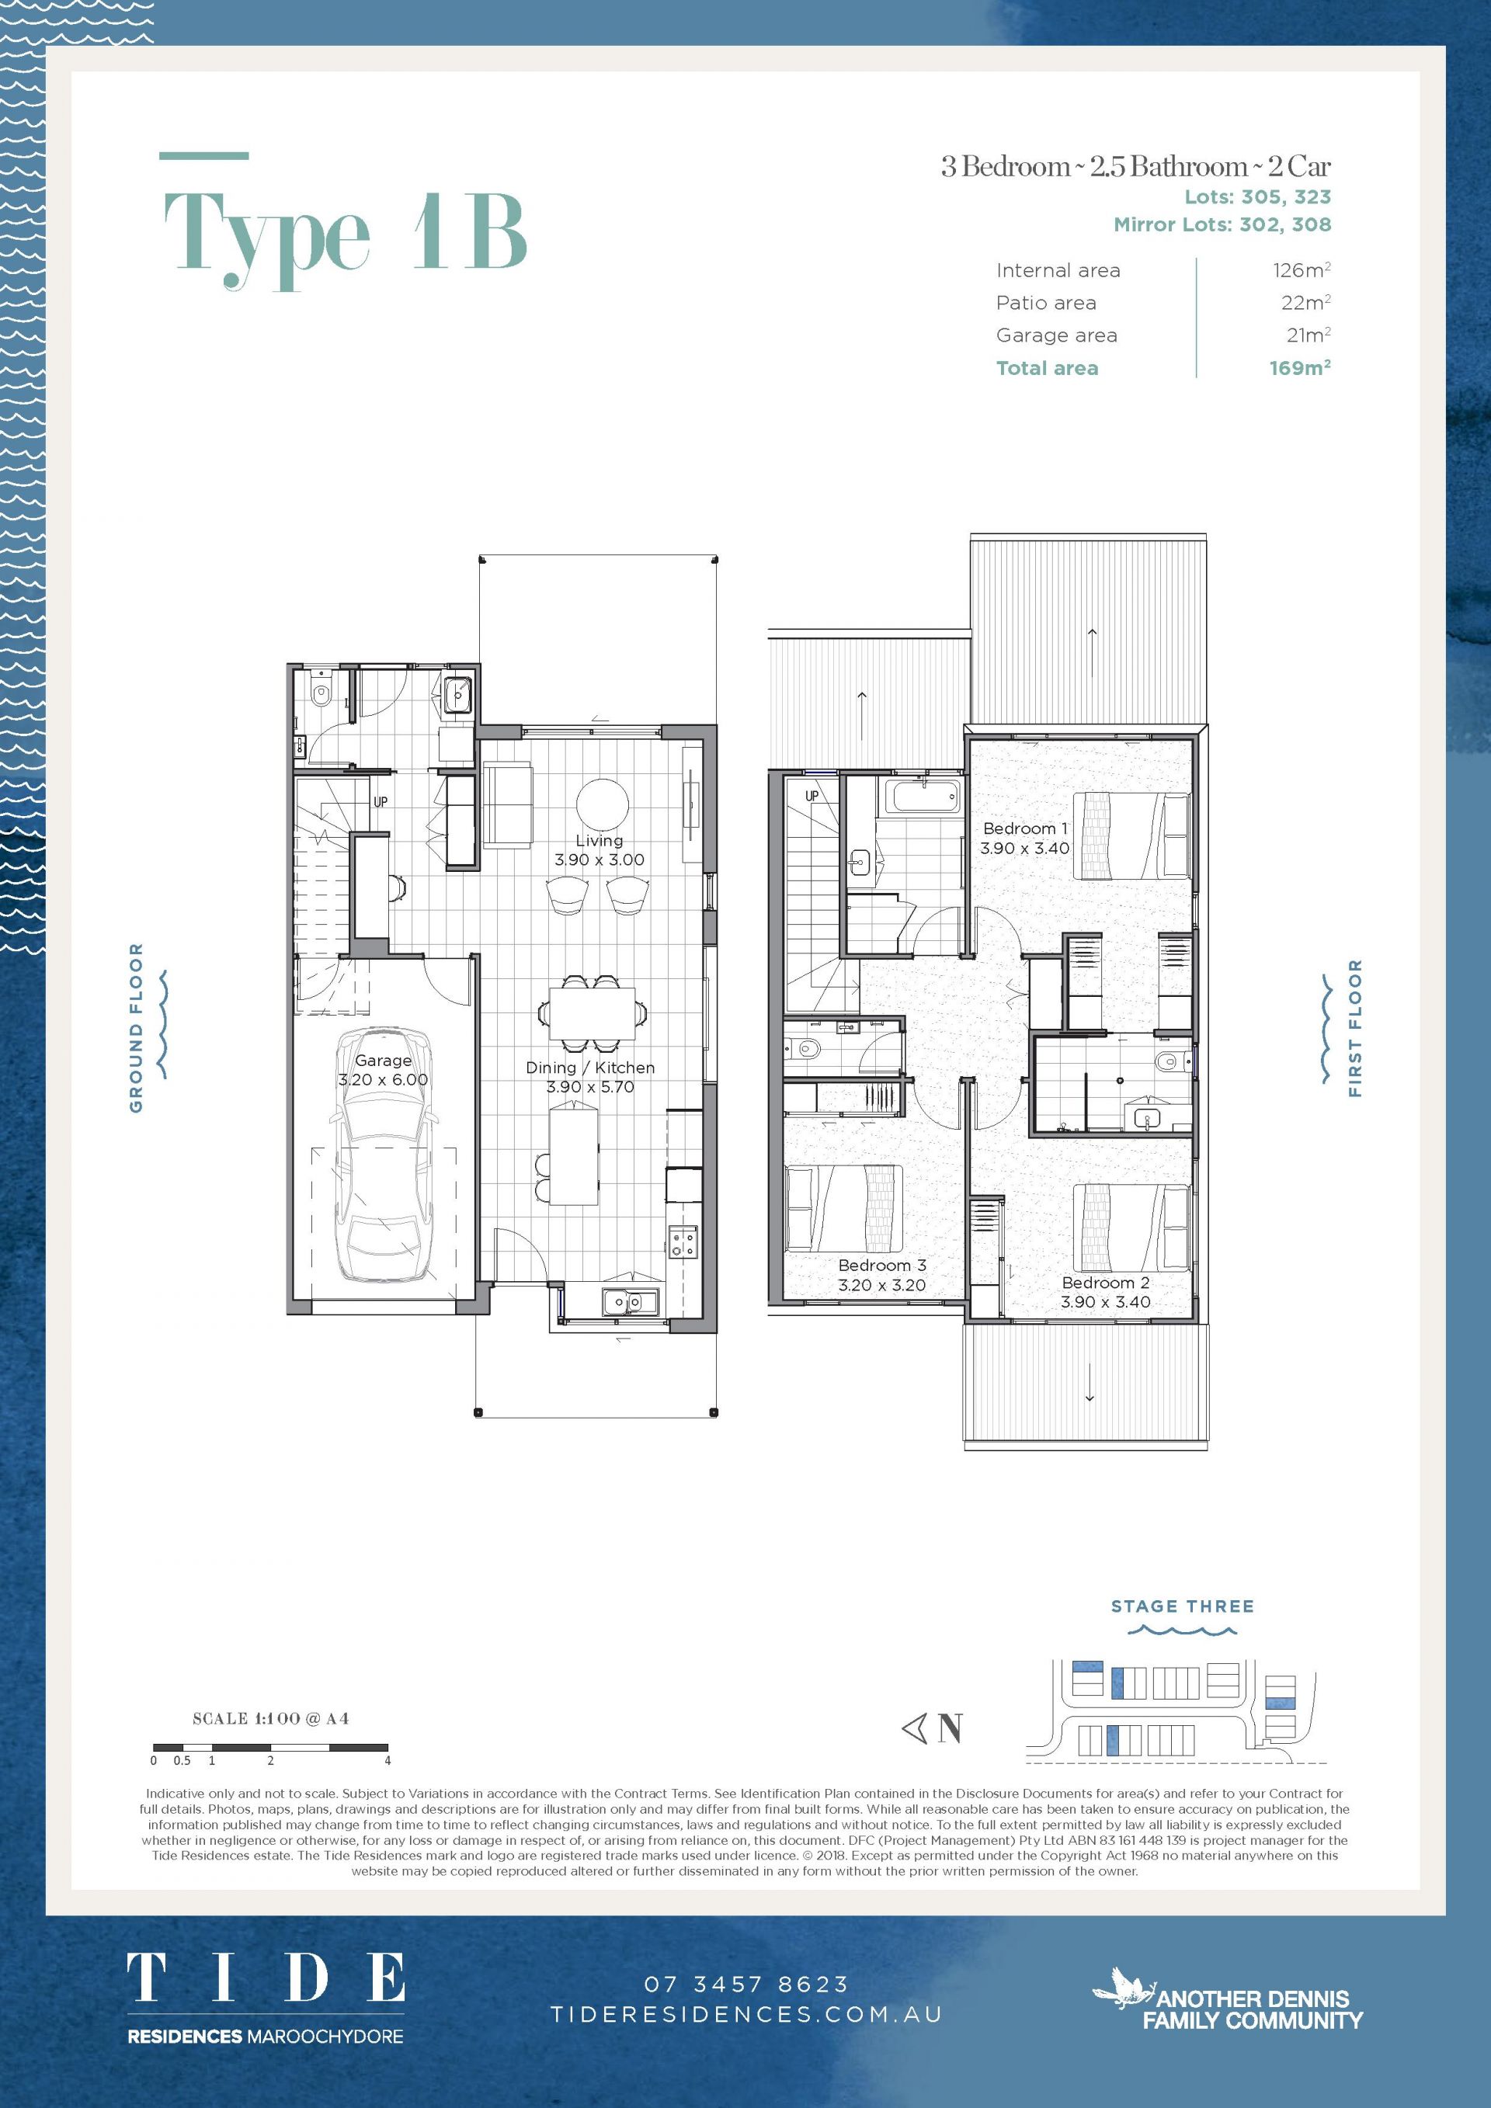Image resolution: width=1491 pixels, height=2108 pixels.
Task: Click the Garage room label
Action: [383, 1061]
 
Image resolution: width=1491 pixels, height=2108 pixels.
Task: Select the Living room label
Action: [600, 840]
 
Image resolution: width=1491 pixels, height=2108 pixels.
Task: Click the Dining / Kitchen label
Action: [590, 1067]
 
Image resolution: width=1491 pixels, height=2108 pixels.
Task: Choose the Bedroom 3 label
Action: [881, 1265]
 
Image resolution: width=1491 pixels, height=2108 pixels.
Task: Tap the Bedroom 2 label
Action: [1105, 1283]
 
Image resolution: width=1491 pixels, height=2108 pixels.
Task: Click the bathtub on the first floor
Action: [923, 795]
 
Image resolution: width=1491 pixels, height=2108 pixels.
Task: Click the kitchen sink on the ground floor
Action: [631, 1301]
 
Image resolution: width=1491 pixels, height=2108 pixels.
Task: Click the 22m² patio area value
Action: [1305, 302]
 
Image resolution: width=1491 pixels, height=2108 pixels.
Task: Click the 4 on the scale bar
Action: [388, 1761]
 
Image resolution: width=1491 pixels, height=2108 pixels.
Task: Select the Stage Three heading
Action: [1183, 1606]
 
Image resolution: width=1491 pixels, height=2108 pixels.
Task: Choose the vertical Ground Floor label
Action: [136, 1027]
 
